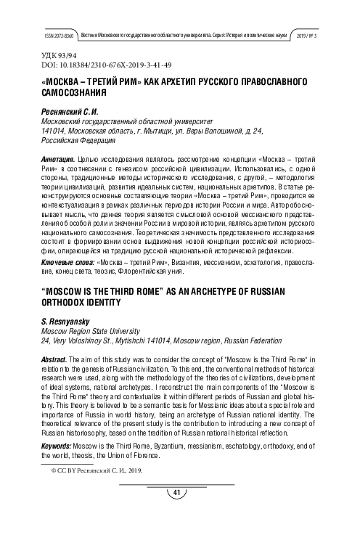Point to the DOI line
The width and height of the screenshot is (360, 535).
point(88,65)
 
